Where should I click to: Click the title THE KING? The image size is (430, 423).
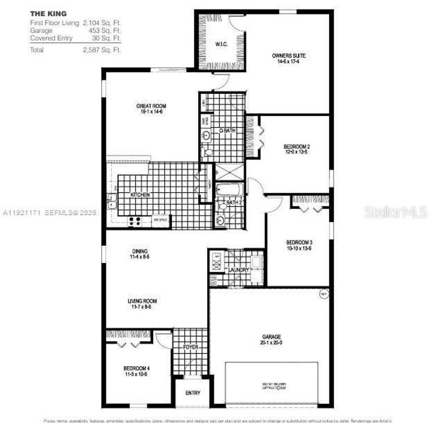[48, 13]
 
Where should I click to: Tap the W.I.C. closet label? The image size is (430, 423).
[221, 44]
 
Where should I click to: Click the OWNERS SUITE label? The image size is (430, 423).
[288, 56]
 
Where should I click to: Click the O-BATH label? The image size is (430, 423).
[227, 131]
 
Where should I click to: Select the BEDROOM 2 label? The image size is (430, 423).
[297, 146]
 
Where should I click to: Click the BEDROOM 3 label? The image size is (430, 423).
[299, 242]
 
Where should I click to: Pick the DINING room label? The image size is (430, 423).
[139, 251]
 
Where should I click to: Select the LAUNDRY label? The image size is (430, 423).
[238, 270]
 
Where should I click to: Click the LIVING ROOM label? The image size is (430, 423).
[142, 301]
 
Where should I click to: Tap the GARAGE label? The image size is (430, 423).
[271, 337]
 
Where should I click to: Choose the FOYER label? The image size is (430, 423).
[190, 347]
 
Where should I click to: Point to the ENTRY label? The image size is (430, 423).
[193, 393]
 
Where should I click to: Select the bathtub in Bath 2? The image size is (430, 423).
[229, 190]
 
